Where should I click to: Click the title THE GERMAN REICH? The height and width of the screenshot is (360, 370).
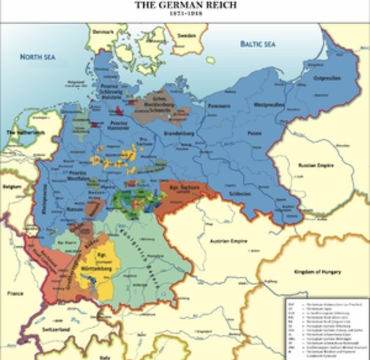pyautogui.click(x=184, y=4)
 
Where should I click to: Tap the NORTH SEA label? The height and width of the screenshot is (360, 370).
pyautogui.click(x=37, y=57)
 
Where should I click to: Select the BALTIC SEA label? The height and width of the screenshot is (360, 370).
pyautogui.click(x=258, y=44)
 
